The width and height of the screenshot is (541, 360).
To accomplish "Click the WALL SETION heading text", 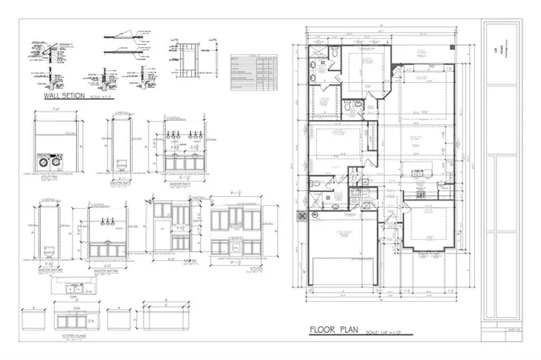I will click(x=63, y=96).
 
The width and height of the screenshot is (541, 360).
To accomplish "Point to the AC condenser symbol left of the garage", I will click(x=300, y=215).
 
